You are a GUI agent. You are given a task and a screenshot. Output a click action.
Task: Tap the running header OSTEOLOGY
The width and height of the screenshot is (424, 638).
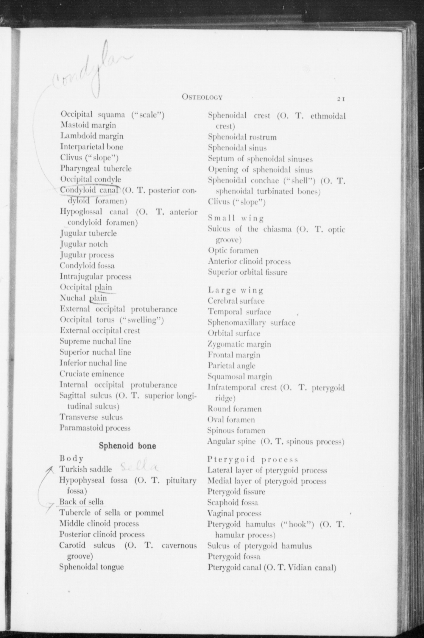click(x=202, y=97)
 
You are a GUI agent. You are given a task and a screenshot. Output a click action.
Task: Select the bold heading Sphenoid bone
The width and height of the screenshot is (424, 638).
click(x=127, y=446)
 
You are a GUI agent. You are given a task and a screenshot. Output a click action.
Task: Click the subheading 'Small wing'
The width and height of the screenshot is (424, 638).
click(x=236, y=218)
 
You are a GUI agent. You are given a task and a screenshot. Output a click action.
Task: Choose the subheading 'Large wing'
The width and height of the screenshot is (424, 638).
click(x=236, y=290)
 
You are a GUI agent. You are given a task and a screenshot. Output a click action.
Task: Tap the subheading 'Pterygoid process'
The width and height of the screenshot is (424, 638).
click(x=253, y=459)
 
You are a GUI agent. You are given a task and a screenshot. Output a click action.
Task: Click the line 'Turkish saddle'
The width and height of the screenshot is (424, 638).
click(x=86, y=469)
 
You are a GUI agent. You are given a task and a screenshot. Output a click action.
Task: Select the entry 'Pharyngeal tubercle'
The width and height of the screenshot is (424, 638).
click(x=96, y=168)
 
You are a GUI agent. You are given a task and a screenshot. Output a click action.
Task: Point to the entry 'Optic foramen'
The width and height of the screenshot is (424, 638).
click(x=233, y=251)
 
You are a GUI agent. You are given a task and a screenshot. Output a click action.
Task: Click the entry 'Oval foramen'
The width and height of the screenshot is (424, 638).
click(x=231, y=420)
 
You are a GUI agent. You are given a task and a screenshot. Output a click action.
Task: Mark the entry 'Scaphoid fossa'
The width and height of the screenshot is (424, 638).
click(x=233, y=503)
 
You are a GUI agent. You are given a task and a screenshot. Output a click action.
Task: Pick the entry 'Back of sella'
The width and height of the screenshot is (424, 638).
click(x=82, y=502)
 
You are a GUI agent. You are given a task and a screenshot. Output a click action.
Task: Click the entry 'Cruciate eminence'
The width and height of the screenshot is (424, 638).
click(x=92, y=374)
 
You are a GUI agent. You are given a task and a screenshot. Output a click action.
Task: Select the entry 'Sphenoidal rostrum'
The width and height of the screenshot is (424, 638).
click(x=242, y=137)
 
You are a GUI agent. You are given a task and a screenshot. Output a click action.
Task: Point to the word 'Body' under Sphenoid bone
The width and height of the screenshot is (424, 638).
click(x=71, y=459)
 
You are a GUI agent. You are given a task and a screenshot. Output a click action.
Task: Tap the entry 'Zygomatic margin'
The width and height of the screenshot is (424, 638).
click(x=239, y=344)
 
